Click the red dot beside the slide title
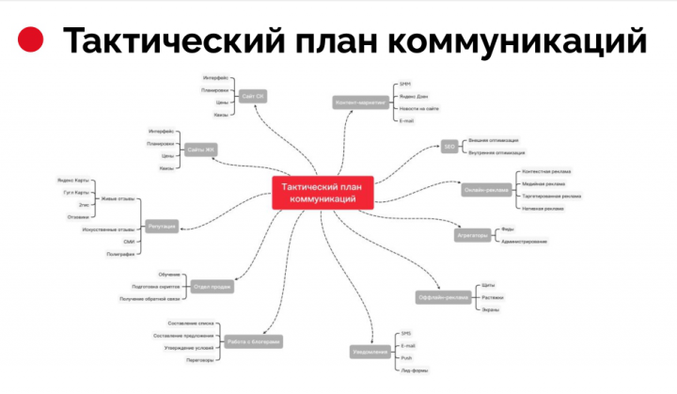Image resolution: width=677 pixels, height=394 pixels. (x=32, y=40)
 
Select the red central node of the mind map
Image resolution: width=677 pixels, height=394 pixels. (x=323, y=193)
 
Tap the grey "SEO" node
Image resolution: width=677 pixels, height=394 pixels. (x=449, y=146)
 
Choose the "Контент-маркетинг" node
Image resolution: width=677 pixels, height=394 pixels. (x=361, y=102)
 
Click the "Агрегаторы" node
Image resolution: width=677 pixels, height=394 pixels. (x=472, y=235)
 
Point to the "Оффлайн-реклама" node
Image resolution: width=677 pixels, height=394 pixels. (x=443, y=297)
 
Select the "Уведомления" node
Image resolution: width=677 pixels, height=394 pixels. (x=370, y=352)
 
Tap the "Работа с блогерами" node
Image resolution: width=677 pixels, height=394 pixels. (x=254, y=341)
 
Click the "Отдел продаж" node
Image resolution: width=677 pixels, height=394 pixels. (x=212, y=286)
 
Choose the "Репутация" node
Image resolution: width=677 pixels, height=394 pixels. (x=162, y=226)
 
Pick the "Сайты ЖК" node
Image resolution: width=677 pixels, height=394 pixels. (x=200, y=150)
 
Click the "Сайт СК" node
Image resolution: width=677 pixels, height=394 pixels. (x=252, y=96)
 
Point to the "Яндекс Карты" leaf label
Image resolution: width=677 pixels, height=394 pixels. (x=73, y=180)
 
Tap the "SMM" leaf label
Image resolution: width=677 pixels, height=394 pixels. (x=405, y=84)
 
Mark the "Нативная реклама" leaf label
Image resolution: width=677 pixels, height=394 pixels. (x=543, y=208)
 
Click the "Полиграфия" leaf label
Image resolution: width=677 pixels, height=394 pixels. (x=120, y=254)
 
